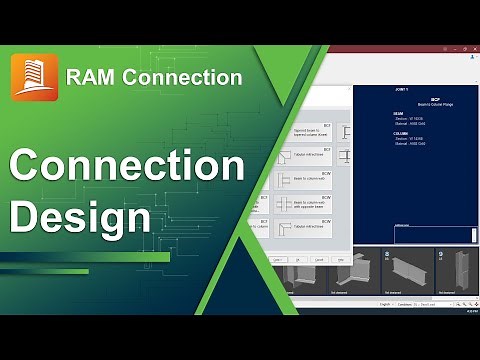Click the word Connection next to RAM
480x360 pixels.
point(184,76)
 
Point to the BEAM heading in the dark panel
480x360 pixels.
point(398,115)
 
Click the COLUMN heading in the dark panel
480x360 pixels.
point(400,137)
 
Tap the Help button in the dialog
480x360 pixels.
point(340,259)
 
